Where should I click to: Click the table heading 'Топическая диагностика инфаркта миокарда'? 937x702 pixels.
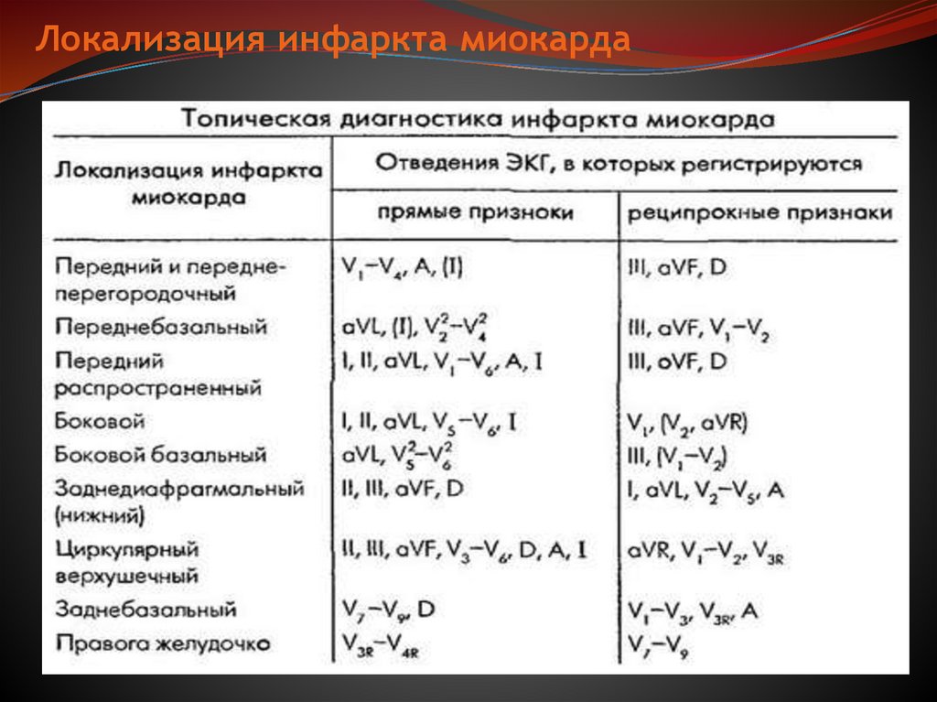[478, 120]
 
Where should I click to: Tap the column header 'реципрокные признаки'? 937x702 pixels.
[759, 213]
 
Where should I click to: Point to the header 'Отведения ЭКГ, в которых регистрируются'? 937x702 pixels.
[619, 165]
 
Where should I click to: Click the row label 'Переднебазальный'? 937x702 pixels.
[160, 327]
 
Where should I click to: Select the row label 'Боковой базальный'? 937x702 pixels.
[160, 455]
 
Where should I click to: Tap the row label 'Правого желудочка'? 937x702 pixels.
[162, 643]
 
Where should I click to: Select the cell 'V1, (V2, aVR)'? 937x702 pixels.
[688, 423]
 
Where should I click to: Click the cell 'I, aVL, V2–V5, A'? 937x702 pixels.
[705, 491]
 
